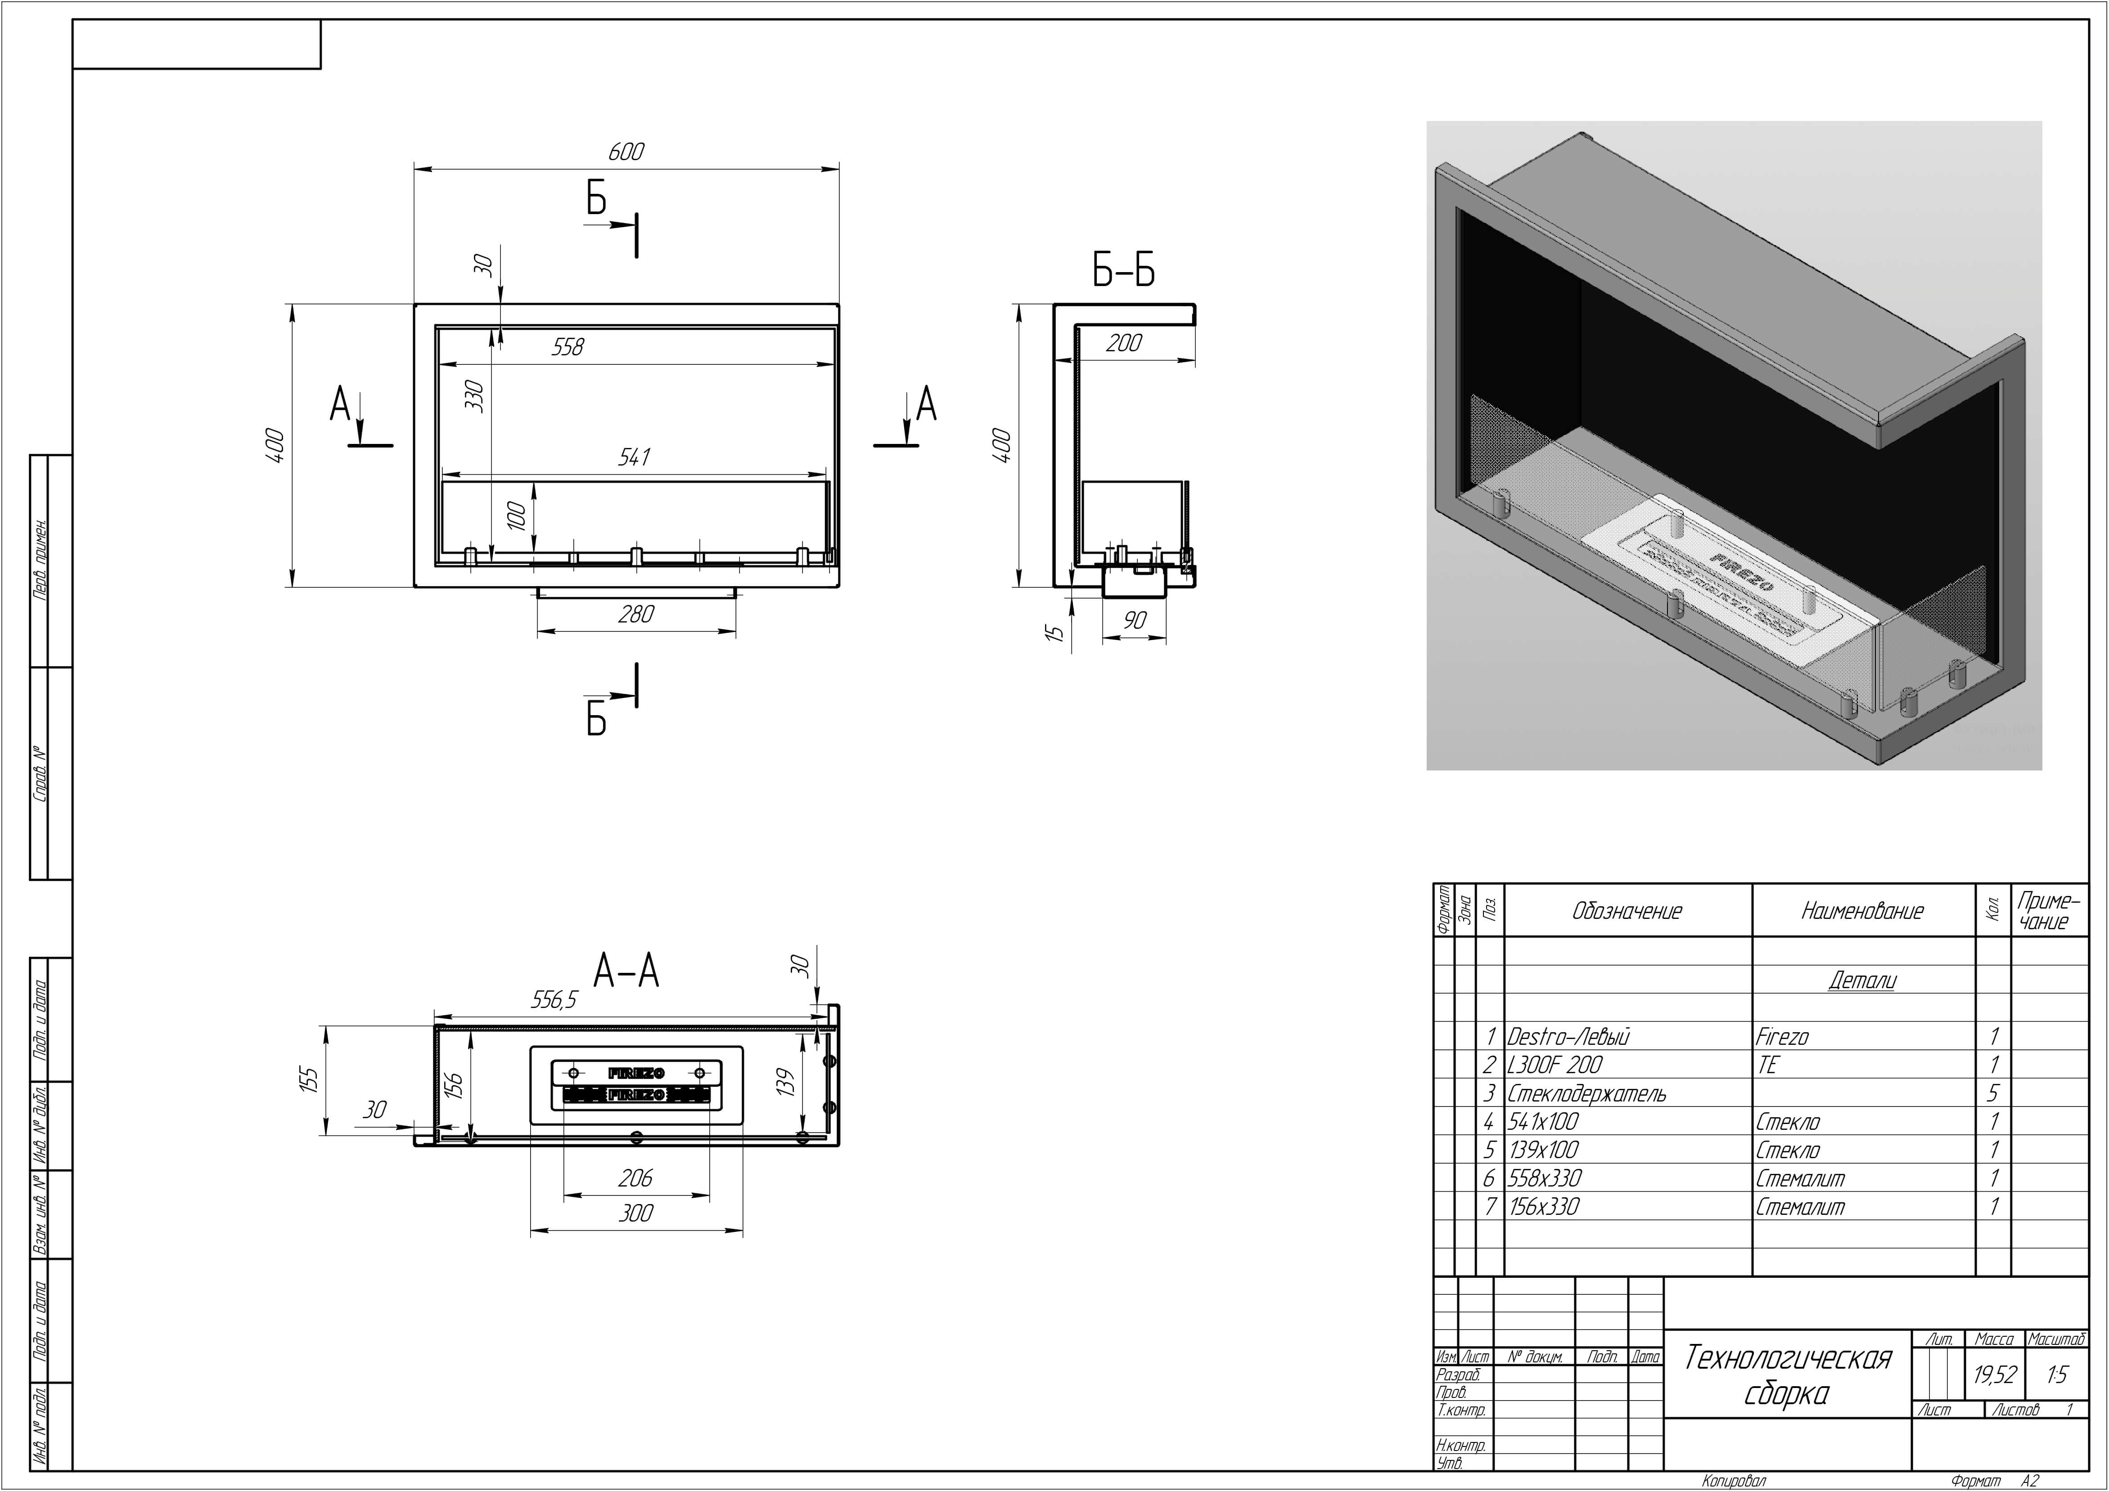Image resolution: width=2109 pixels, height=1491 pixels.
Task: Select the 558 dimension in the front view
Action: click(568, 347)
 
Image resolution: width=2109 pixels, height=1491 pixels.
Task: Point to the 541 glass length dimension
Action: click(635, 457)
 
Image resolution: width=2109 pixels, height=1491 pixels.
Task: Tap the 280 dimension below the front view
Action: click(635, 614)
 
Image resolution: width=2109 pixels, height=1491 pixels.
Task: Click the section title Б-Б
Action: click(1123, 271)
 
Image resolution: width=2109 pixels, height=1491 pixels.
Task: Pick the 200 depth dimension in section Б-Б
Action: click(1123, 343)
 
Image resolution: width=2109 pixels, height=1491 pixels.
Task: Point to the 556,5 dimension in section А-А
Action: click(554, 1000)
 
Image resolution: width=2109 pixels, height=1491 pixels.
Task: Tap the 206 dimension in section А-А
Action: click(635, 1178)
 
